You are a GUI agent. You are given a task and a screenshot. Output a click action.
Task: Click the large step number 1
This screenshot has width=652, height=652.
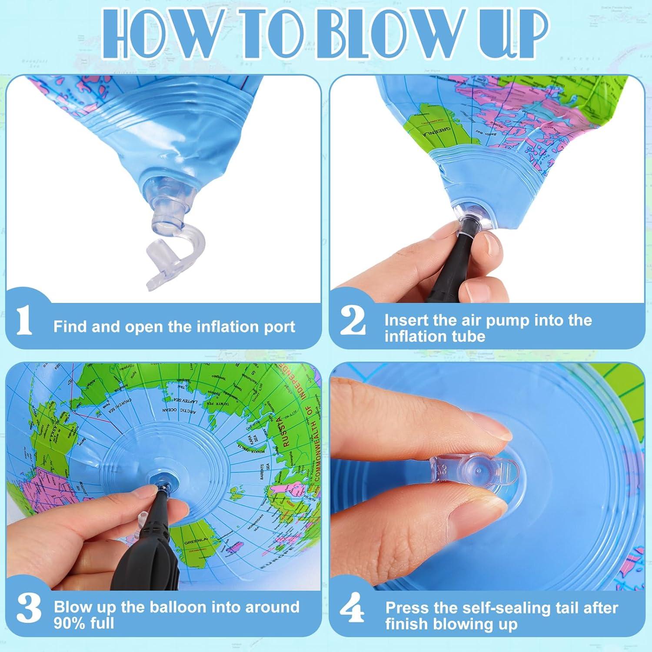click(x=24, y=320)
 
